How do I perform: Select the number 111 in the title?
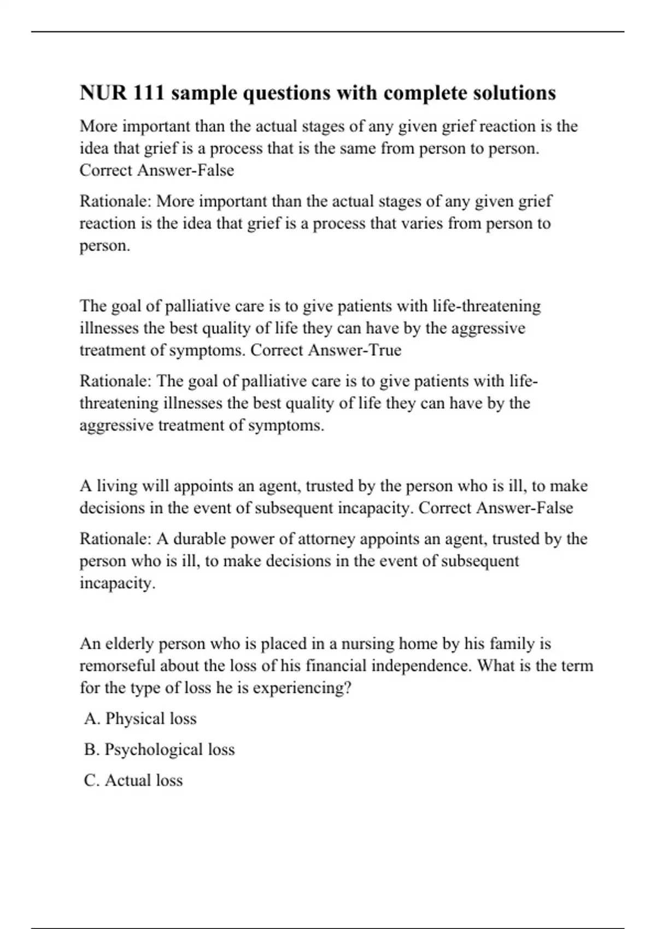point(148,93)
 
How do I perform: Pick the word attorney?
point(325,539)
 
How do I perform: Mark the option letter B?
point(90,749)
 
